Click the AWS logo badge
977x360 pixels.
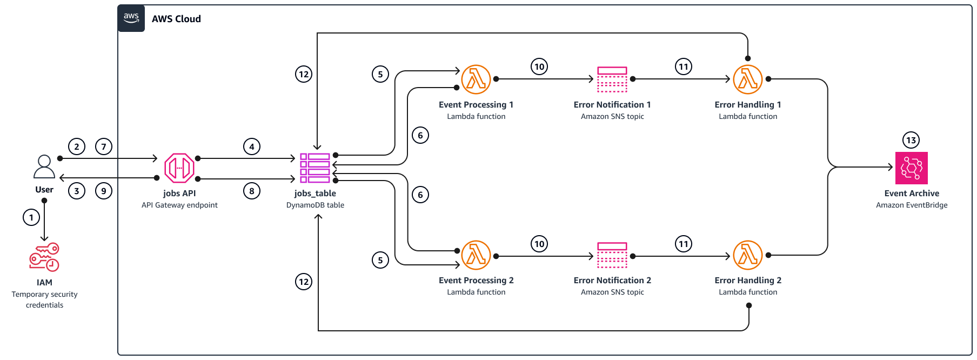pyautogui.click(x=131, y=18)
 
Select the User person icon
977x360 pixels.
pyautogui.click(x=44, y=166)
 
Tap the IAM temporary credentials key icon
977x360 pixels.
pyautogui.click(x=44, y=257)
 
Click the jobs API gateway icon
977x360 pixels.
pyautogui.click(x=179, y=168)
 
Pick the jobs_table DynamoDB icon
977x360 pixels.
pyautogui.click(x=315, y=168)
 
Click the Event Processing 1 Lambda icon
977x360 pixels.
pyautogui.click(x=476, y=79)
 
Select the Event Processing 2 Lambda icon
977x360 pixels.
pyautogui.click(x=476, y=255)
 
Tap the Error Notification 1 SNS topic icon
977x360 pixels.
pyautogui.click(x=612, y=79)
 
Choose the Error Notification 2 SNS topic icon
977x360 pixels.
pyautogui.click(x=612, y=255)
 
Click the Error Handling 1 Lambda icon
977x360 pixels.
pyautogui.click(x=748, y=79)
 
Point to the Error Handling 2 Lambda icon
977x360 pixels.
pyautogui.click(x=748, y=255)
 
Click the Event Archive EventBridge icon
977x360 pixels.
pyautogui.click(x=912, y=168)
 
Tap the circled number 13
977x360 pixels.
pyautogui.click(x=912, y=141)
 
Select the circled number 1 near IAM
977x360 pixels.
pyautogui.click(x=31, y=218)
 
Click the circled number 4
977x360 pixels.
pyautogui.click(x=252, y=146)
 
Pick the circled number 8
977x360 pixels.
pyautogui.click(x=252, y=191)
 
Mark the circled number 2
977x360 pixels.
pyautogui.click(x=77, y=146)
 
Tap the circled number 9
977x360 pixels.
pyautogui.click(x=104, y=191)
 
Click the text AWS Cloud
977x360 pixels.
pyautogui.click(x=176, y=19)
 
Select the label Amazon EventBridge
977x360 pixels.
pyautogui.click(x=912, y=205)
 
